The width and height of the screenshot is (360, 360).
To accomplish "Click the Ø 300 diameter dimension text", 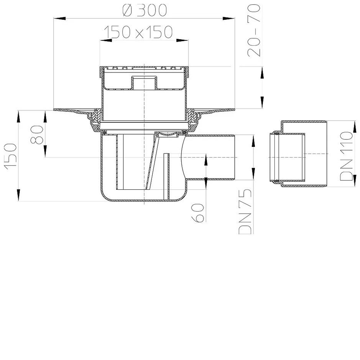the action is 144,11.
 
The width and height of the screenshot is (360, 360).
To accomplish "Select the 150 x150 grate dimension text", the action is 139,32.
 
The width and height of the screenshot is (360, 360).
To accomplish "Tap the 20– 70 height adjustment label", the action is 255,31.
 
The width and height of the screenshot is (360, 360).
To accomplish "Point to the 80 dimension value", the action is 37,135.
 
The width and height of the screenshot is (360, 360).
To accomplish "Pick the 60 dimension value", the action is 198,213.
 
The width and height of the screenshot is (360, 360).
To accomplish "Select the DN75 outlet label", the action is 246,211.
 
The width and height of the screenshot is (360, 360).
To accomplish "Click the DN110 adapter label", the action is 346,156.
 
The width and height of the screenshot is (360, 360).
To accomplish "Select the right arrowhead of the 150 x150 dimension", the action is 182,40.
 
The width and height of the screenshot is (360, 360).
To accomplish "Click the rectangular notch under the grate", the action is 144,82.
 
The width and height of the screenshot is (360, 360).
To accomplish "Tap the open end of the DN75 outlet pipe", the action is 234,157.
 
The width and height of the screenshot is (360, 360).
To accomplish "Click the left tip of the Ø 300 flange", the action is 54,109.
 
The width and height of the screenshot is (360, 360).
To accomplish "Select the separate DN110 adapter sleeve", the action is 298,154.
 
